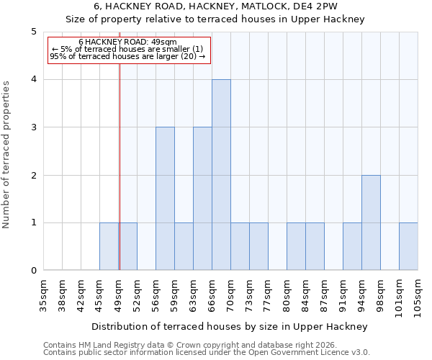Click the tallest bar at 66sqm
[221, 175]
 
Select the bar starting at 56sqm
[165, 199]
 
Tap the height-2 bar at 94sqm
[371, 222]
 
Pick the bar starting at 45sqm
[109, 246]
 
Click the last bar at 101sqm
[408, 246]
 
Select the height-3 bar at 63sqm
[202, 199]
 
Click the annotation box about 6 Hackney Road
[128, 50]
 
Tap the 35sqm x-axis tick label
[44, 296]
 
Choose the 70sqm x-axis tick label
[231, 296]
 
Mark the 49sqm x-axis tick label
[119, 296]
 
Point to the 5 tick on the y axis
[33, 32]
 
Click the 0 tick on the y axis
[33, 271]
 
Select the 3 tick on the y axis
[33, 127]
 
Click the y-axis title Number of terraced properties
[7, 155]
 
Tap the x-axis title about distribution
[230, 326]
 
